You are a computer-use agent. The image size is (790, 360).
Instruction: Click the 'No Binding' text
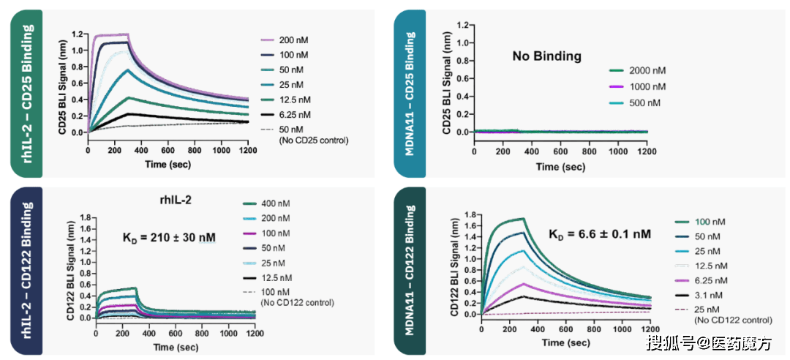point(546,56)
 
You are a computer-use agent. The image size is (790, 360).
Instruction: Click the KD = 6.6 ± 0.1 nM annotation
point(600,233)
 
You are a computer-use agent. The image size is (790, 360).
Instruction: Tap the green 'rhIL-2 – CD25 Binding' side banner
point(27,94)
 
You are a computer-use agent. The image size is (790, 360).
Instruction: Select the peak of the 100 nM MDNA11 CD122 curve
point(524,218)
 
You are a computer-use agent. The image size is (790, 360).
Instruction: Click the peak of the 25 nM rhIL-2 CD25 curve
point(129,70)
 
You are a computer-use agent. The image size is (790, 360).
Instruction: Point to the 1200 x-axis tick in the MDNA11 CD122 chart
point(650,330)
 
